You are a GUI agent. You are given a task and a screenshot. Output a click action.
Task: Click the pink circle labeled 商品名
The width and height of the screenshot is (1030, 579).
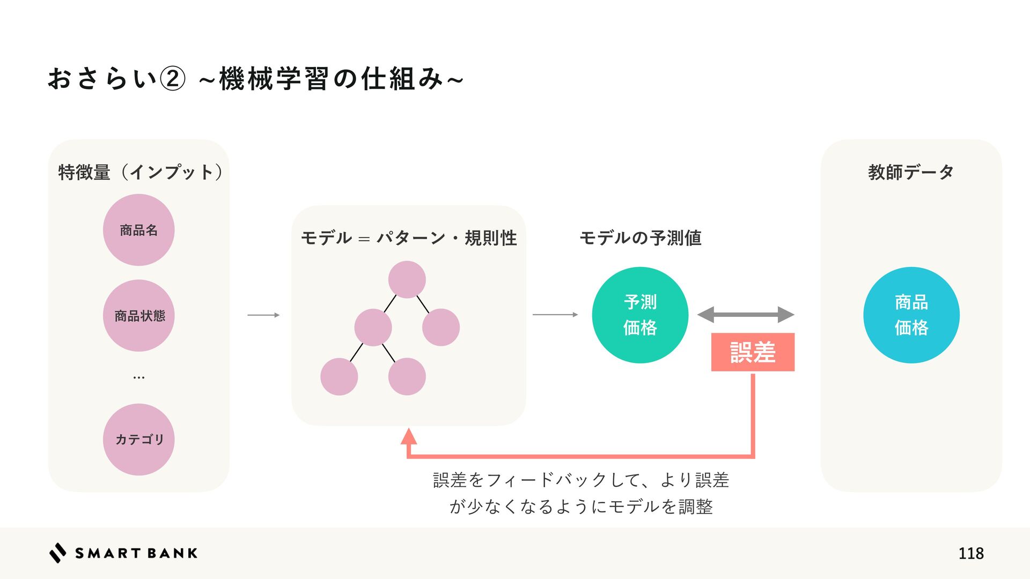[x=138, y=230]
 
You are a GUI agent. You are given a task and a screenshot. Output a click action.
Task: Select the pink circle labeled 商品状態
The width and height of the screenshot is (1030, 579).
[x=138, y=316]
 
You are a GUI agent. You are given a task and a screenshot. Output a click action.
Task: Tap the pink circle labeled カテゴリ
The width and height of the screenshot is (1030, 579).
[x=138, y=440]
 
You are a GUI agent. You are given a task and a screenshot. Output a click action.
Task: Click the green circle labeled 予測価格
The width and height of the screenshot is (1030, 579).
[x=640, y=315]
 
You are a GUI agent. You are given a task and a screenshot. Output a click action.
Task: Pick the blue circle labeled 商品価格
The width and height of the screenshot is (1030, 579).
[x=911, y=315]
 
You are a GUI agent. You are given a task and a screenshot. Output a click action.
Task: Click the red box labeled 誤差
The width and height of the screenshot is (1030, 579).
[x=753, y=352]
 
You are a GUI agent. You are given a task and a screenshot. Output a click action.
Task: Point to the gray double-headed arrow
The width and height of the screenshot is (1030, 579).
[x=745, y=315]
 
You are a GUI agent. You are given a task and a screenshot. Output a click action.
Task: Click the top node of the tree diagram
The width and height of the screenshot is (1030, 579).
[x=407, y=279]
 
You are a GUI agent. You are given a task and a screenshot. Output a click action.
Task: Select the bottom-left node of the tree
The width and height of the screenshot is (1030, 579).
[x=339, y=377]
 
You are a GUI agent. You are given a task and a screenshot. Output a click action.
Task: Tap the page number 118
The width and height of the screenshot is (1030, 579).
[x=970, y=553]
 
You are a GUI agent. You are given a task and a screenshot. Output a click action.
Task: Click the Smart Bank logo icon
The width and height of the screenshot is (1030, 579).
[x=58, y=553]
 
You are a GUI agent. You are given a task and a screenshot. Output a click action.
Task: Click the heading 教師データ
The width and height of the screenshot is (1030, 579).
[x=910, y=172]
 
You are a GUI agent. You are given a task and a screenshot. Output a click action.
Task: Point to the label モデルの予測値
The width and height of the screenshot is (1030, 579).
[x=640, y=237]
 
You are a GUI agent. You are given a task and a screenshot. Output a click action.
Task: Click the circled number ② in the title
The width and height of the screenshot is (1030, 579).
[x=173, y=79]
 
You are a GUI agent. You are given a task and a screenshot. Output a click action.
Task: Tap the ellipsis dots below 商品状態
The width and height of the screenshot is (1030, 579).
[x=138, y=377]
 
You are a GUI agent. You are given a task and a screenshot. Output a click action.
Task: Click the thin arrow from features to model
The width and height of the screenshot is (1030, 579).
[x=263, y=315]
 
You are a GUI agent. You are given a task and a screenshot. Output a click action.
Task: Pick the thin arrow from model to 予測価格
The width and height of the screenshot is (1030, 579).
[x=555, y=315]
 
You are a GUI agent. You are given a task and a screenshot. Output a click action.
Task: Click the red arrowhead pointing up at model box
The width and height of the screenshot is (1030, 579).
[x=409, y=436]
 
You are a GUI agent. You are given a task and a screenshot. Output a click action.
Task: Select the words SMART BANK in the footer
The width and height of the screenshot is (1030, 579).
[x=136, y=553]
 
